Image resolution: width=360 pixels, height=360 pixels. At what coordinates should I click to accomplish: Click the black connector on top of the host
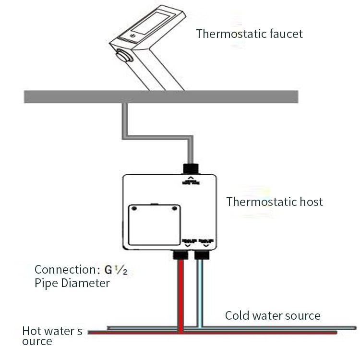click(x=190, y=168)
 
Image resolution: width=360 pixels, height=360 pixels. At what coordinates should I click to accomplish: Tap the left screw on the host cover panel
click(x=134, y=208)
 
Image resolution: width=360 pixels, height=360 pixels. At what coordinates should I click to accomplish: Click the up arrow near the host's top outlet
click(x=190, y=178)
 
